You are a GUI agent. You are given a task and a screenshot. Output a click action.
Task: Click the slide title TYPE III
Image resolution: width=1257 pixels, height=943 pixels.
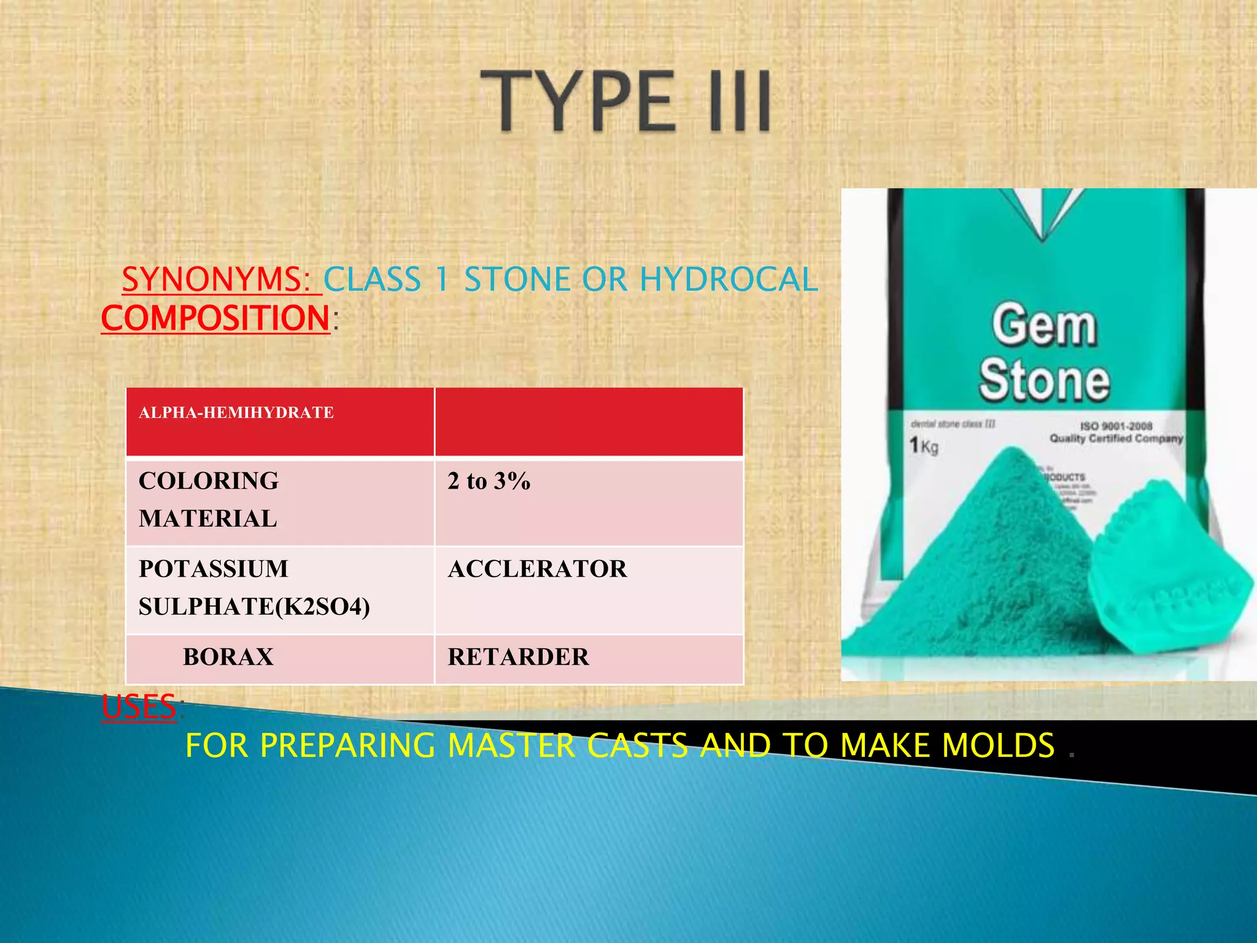(625, 101)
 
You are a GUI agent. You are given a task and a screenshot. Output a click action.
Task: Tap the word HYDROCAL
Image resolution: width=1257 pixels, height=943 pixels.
(729, 279)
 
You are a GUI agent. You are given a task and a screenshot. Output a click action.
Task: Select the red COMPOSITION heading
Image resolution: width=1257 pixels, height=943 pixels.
(216, 318)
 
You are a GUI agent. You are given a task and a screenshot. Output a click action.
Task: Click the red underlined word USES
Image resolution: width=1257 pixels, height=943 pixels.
(139, 707)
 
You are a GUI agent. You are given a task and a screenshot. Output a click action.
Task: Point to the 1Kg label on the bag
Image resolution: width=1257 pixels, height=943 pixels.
(923, 445)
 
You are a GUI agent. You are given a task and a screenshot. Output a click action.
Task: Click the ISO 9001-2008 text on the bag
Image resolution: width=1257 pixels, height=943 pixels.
(1116, 425)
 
